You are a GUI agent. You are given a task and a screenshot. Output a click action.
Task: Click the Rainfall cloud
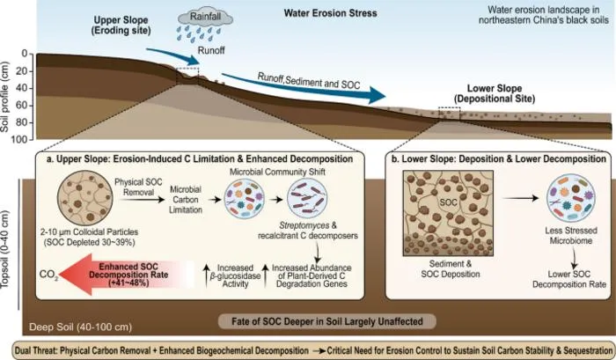tap(205, 18)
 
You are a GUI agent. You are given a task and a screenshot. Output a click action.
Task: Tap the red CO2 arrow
tap(126, 274)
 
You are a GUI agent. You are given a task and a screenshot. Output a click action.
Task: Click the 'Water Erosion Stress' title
tap(330, 13)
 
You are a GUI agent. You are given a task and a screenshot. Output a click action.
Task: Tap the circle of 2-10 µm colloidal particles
tap(84, 198)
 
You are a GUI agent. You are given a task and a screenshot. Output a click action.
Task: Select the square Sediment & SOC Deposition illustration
tap(448, 213)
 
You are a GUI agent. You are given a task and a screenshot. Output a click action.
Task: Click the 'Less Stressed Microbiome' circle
tap(571, 198)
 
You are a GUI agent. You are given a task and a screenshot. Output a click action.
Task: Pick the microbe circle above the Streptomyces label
tap(307, 198)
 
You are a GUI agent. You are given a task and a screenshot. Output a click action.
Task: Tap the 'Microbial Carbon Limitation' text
tap(186, 200)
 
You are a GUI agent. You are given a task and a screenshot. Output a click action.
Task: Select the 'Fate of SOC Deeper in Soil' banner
tap(326, 321)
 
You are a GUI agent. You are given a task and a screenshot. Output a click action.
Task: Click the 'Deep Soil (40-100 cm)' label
tap(81, 327)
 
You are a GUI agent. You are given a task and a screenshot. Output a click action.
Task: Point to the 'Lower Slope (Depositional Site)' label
tap(495, 93)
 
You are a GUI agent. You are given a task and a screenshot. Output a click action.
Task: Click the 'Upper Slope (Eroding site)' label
tap(121, 26)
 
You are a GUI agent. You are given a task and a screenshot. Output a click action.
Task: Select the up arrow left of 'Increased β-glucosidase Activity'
tap(206, 276)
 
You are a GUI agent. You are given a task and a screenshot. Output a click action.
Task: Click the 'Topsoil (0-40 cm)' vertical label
tap(5, 249)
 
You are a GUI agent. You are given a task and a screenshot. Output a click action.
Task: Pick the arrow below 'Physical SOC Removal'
tap(142, 200)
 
